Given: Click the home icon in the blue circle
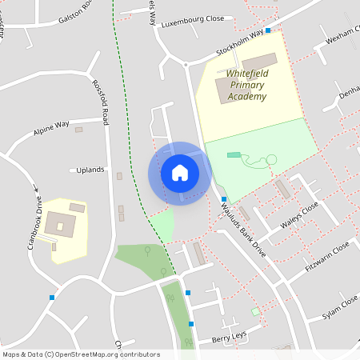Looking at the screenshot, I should (x=180, y=173).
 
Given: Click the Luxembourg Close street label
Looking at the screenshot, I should (x=191, y=25).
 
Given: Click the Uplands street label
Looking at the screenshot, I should (x=90, y=170).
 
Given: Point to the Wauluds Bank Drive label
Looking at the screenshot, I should (x=241, y=228).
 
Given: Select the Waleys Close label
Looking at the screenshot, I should (x=299, y=215).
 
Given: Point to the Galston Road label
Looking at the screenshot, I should (x=76, y=18).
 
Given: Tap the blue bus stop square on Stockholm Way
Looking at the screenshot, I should (x=268, y=30).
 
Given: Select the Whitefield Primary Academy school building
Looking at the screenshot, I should (x=259, y=62).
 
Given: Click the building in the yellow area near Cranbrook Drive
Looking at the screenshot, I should (x=61, y=223).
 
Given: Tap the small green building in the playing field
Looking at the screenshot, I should (x=233, y=154).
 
